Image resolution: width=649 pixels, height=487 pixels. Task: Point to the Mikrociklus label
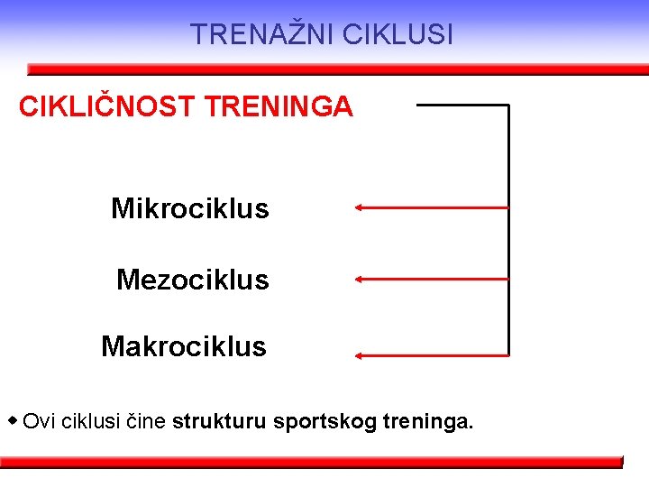point(189,209)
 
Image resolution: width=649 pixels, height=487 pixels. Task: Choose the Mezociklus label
point(192,280)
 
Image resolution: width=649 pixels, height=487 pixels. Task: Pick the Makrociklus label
point(184,346)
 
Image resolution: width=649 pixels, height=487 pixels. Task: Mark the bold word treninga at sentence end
point(428,421)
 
